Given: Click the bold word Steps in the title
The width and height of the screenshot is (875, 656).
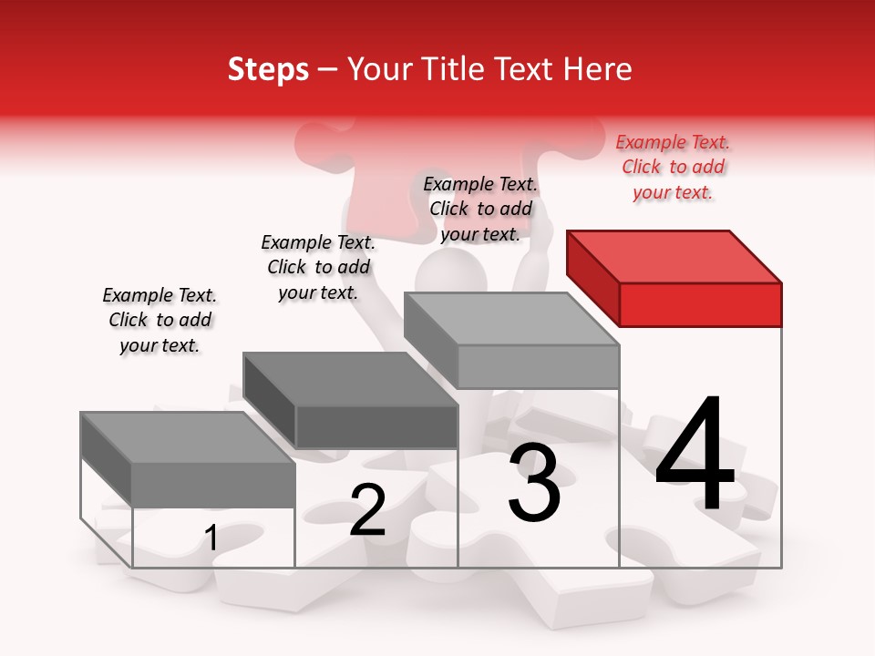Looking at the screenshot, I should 268,69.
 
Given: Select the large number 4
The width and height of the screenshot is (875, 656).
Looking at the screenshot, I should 695,455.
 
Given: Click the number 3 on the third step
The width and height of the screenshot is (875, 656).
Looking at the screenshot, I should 534,482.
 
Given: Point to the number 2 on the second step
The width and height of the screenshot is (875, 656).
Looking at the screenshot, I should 367,510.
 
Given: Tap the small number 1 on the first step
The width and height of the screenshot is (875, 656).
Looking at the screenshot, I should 211,538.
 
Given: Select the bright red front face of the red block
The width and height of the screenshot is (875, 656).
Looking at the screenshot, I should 700,304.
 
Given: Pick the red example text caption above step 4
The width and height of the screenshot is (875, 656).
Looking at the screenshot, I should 673,167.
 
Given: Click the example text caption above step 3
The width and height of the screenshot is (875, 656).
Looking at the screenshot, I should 480,209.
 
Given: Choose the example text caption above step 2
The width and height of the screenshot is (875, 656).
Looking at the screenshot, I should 318,267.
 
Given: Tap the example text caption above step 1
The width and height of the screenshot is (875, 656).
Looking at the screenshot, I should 160,320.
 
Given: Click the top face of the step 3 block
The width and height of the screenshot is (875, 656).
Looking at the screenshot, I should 511,319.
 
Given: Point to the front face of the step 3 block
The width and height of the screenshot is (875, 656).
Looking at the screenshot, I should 538,367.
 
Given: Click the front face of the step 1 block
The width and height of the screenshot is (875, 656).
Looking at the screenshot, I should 213,484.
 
